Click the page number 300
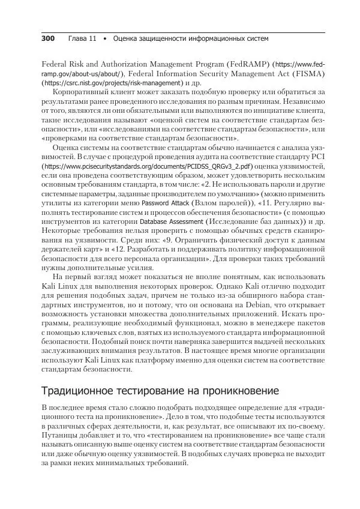(x=47, y=39)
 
